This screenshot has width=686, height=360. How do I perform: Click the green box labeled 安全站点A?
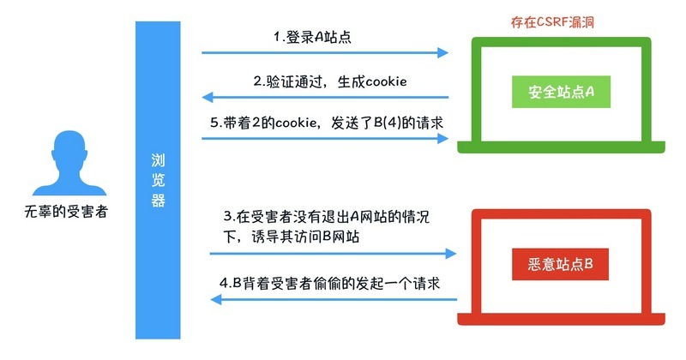tap(560, 90)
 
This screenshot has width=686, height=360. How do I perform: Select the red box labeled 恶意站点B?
tap(559, 261)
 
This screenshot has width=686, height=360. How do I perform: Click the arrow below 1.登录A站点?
tap(326, 53)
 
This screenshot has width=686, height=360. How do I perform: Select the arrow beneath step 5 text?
tap(326, 138)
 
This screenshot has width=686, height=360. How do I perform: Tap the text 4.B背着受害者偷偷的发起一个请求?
tap(330, 283)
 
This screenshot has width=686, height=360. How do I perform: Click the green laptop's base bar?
tap(560, 150)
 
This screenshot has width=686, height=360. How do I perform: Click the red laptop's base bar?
tap(560, 321)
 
